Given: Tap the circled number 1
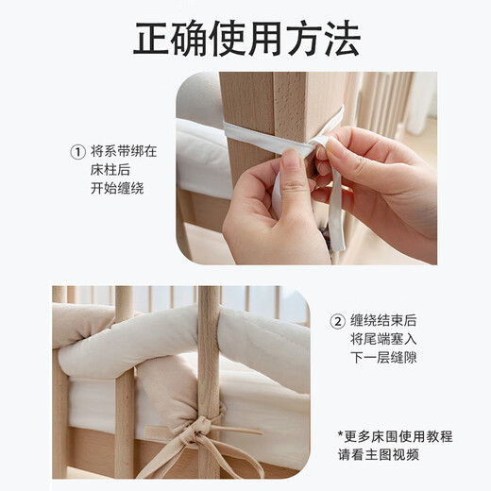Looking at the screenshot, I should coord(78,152).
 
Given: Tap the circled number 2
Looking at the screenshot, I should coord(337,320).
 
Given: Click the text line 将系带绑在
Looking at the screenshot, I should coord(125,152).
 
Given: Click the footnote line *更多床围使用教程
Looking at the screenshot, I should coord(395,436).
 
